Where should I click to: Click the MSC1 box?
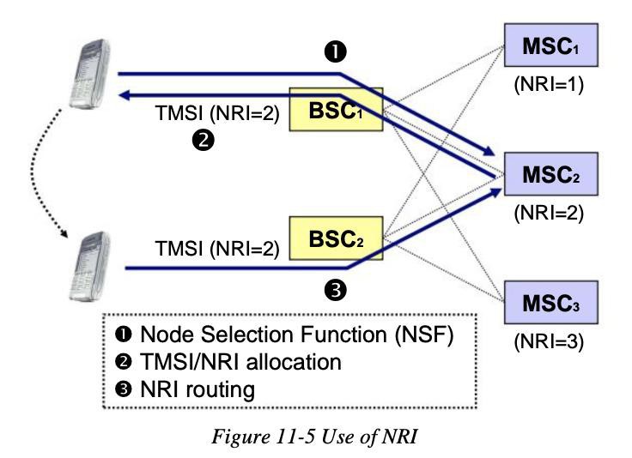click(551, 45)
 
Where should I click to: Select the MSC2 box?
click(551, 174)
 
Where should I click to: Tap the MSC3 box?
click(551, 303)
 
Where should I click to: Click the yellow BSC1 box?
click(336, 109)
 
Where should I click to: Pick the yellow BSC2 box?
click(336, 238)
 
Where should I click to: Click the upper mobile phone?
click(89, 74)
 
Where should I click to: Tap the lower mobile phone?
click(89, 267)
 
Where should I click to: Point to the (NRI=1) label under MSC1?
click(549, 85)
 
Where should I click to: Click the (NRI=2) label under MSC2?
click(549, 214)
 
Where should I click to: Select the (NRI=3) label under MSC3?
click(549, 342)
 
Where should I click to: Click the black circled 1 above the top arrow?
click(336, 51)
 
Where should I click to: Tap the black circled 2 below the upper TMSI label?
click(204, 140)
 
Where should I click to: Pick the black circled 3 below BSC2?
click(336, 290)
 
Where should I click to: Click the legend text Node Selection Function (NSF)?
click(297, 334)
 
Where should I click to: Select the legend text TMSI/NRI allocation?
click(240, 362)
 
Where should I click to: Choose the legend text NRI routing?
click(197, 389)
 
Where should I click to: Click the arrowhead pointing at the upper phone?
click(125, 95)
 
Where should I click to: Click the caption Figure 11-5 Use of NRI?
click(314, 437)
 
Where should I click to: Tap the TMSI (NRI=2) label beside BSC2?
click(217, 249)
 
